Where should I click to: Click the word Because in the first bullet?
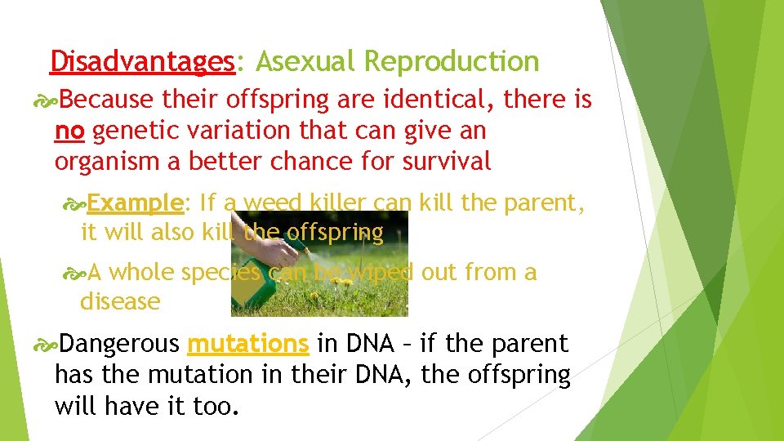(106, 100)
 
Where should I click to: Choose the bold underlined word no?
(70, 131)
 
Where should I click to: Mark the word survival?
(447, 162)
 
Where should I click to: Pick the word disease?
(120, 301)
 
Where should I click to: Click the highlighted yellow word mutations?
(248, 345)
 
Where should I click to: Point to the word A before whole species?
(96, 272)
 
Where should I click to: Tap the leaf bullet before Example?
(74, 203)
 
